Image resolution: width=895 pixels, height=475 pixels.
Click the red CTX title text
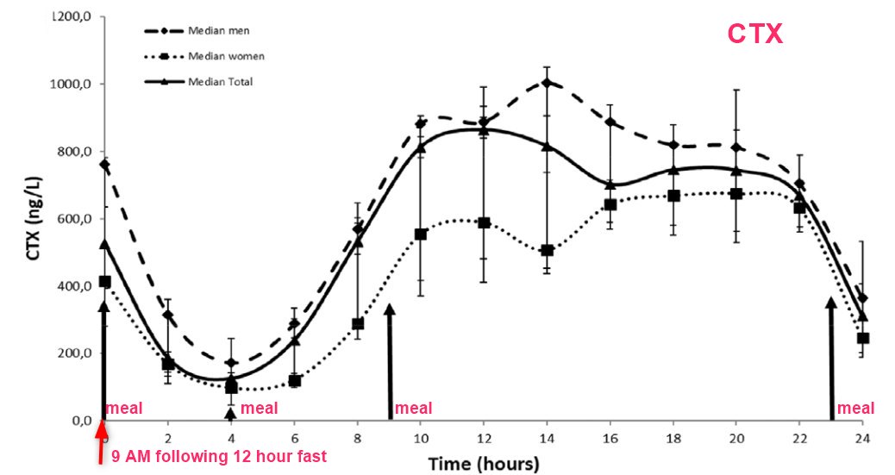coord(755,34)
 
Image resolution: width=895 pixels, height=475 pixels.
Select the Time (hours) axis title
coord(484,464)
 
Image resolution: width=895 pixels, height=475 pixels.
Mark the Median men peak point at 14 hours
coord(547,83)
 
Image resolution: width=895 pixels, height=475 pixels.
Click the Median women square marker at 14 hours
coord(547,251)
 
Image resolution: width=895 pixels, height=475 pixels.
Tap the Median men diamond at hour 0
coord(104,164)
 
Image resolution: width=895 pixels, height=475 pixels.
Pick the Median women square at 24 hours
coord(863,338)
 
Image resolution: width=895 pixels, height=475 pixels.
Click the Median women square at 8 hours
coord(358,324)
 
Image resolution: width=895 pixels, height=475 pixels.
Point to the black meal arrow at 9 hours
coord(390,362)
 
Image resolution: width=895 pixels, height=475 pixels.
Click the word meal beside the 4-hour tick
coord(259,408)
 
